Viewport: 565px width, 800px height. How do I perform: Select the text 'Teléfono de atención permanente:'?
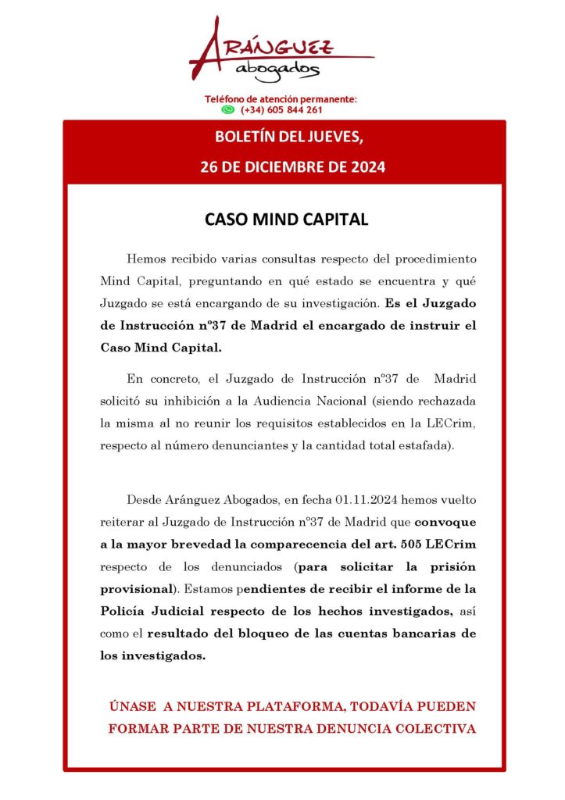click(x=281, y=99)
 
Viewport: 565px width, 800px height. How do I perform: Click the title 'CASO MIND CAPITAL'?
click(x=286, y=220)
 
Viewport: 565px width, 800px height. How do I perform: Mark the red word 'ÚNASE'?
click(x=133, y=707)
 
